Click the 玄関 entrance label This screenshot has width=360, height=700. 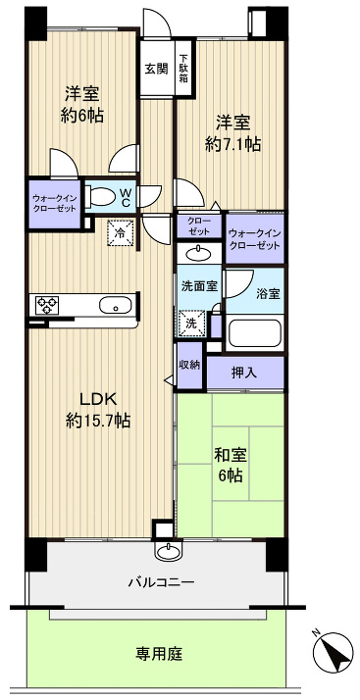pos(156,69)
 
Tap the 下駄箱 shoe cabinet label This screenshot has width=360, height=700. pos(182,71)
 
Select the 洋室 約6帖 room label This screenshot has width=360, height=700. pos(84,105)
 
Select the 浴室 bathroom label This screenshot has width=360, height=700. pos(267,293)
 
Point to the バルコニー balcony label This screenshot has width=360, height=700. pos(160,581)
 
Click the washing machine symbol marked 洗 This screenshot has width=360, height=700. pos(190,320)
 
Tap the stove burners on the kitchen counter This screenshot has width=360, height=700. pos(47,305)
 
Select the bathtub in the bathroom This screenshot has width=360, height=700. pos(255,333)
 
